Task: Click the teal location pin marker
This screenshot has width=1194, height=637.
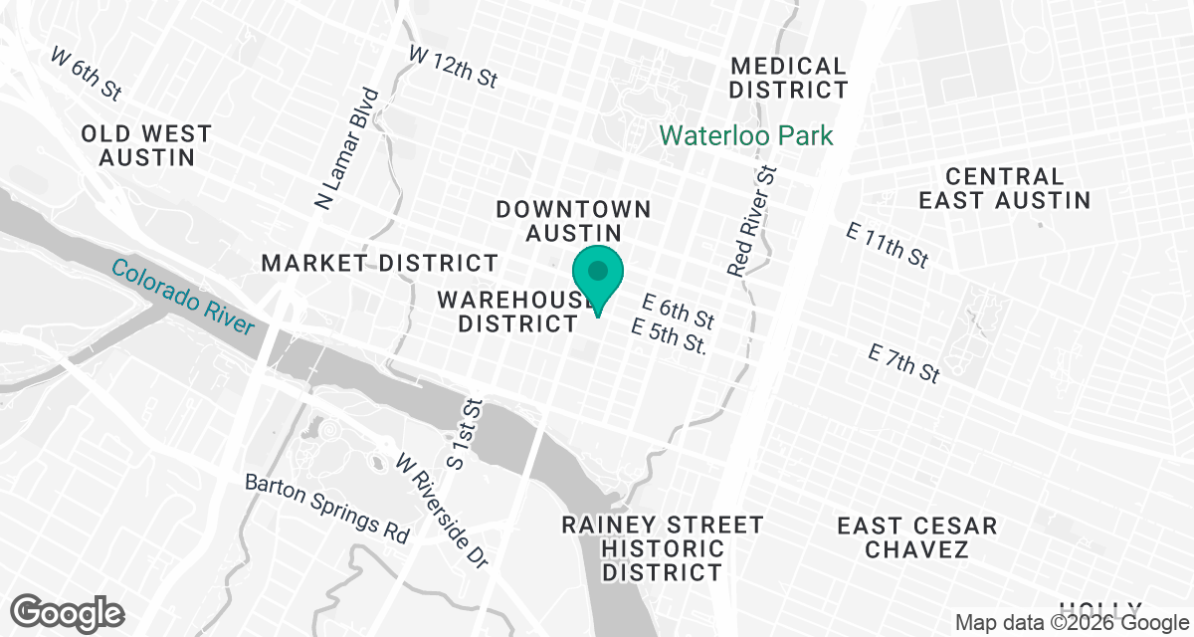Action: click(x=597, y=276)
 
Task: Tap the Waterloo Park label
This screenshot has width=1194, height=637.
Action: click(x=746, y=135)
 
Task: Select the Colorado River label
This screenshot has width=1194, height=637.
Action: click(x=182, y=298)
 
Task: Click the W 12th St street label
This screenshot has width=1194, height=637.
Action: click(x=453, y=68)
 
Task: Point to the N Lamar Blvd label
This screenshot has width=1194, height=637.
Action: click(x=347, y=148)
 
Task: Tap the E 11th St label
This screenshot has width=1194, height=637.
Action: click(x=888, y=245)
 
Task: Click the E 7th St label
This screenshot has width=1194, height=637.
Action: click(x=903, y=364)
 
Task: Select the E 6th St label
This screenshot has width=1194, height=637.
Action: click(x=679, y=312)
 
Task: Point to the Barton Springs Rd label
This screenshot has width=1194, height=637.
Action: click(x=327, y=508)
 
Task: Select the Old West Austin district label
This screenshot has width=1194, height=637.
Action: click(x=146, y=145)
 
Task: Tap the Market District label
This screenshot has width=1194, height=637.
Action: click(x=379, y=263)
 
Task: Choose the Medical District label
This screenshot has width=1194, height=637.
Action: click(x=788, y=78)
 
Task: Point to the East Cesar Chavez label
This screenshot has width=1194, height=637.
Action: click(x=916, y=537)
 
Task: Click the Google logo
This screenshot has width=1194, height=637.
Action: click(x=68, y=610)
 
